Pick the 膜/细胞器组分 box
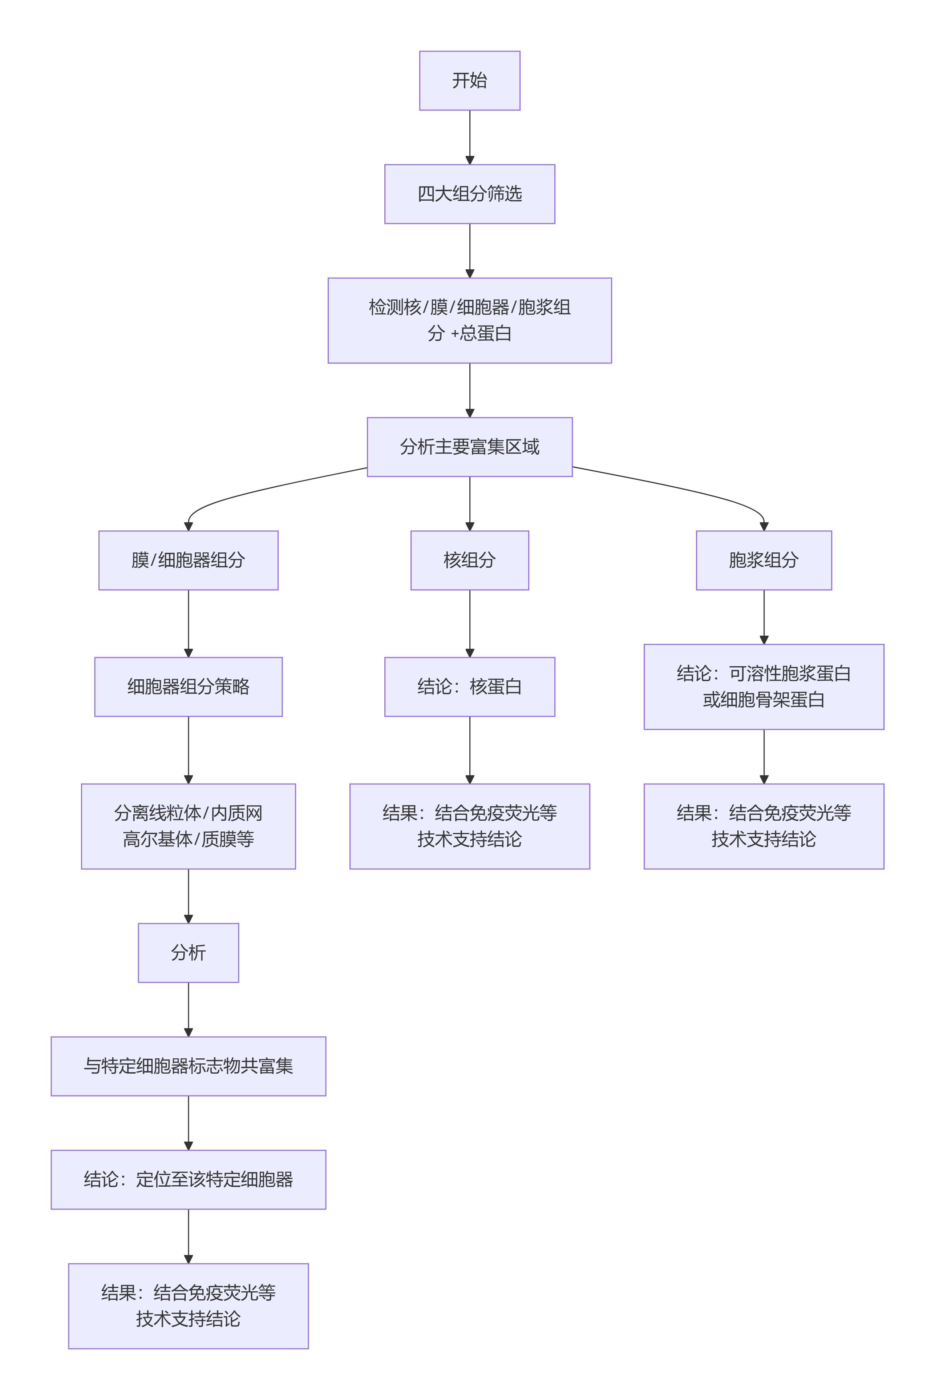coord(189,560)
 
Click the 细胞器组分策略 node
coord(189,687)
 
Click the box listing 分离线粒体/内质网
coord(189,826)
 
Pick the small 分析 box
coord(189,953)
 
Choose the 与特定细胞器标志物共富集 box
coord(189,1066)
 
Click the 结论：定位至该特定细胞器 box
coord(189,1179)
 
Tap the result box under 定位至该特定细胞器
coord(189,1306)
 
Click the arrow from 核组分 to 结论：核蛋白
coord(470,623)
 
